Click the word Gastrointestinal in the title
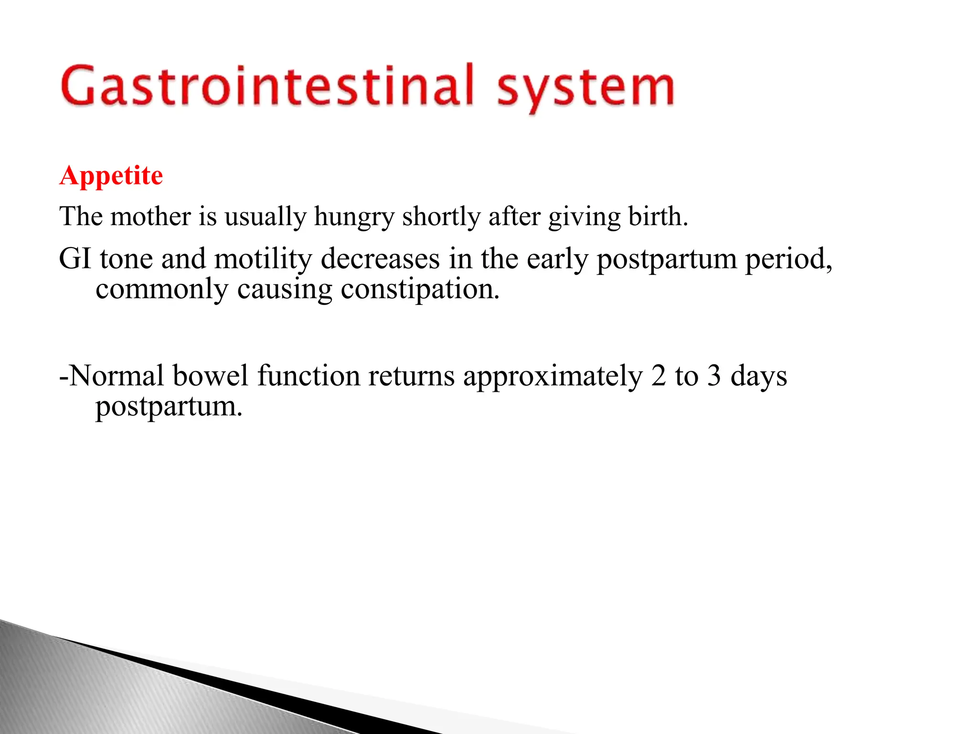pos(267,86)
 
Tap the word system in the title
pos(585,88)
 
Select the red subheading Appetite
pos(111,176)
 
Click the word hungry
pos(354,217)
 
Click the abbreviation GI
pos(74,259)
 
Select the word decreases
pos(380,259)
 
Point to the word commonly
pos(162,290)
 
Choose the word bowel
pos(211,376)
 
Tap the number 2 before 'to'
pos(659,376)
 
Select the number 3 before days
pos(714,376)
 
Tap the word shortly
pos(441,217)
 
